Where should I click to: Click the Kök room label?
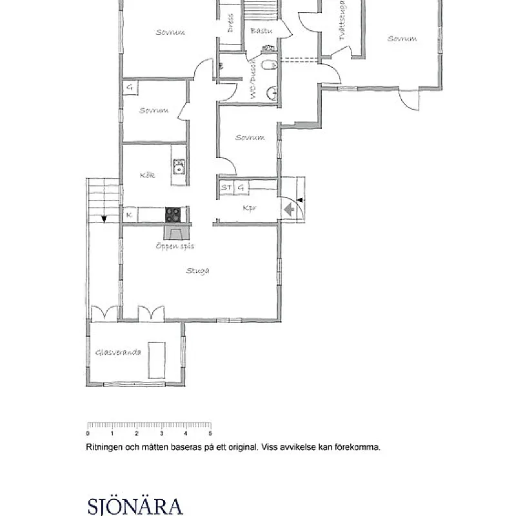coord(147,175)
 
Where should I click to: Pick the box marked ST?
coord(226,188)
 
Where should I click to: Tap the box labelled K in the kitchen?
coord(130,214)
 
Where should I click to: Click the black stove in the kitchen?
coord(173,214)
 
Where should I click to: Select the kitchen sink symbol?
coord(179,170)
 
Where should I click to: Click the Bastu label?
coord(261,31)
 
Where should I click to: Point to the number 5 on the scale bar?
coord(210,433)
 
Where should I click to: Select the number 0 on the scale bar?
coord(88,433)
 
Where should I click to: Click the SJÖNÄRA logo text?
coord(134,504)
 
